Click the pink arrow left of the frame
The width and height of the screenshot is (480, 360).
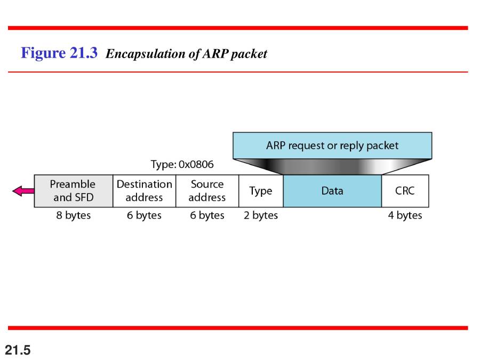(x=23, y=191)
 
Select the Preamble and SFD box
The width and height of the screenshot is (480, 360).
(x=74, y=191)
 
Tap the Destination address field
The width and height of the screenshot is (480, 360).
(x=145, y=191)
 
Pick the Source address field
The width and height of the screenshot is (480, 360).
(x=207, y=191)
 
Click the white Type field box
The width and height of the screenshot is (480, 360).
(x=261, y=191)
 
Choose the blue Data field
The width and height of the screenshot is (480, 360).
(x=332, y=191)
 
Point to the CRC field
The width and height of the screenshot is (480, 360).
(x=405, y=191)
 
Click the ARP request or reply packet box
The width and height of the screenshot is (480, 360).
(x=332, y=146)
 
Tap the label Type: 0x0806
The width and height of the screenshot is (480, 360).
(x=182, y=164)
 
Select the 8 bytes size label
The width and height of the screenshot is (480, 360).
(x=74, y=215)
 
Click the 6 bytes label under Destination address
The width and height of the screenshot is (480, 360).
(x=144, y=215)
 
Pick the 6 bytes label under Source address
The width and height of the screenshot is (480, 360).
(x=207, y=215)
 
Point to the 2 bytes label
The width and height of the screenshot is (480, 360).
(x=261, y=215)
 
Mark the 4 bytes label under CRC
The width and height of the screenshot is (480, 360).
(x=405, y=215)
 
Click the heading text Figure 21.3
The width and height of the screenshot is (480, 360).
(x=59, y=53)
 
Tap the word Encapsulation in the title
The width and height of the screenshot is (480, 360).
(x=146, y=54)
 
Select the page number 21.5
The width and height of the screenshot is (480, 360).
(x=18, y=350)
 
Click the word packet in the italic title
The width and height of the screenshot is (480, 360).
(x=249, y=54)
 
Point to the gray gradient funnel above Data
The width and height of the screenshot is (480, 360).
(x=332, y=166)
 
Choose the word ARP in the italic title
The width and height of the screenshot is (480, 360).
(x=215, y=53)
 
